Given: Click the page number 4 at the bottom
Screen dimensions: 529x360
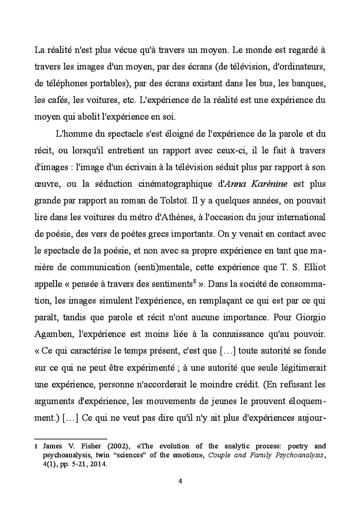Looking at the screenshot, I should click(x=179, y=481).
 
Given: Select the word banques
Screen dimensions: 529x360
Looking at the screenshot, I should click(x=300, y=83).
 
